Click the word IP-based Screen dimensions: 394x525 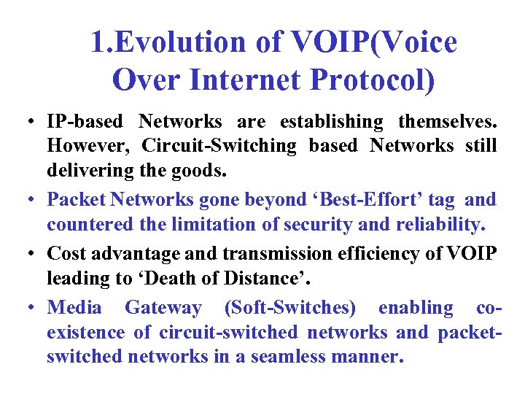(82, 120)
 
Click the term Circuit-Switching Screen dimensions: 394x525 (219, 146)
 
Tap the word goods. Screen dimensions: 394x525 (202, 171)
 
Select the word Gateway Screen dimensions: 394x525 (163, 307)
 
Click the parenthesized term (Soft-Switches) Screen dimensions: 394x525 (290, 307)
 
